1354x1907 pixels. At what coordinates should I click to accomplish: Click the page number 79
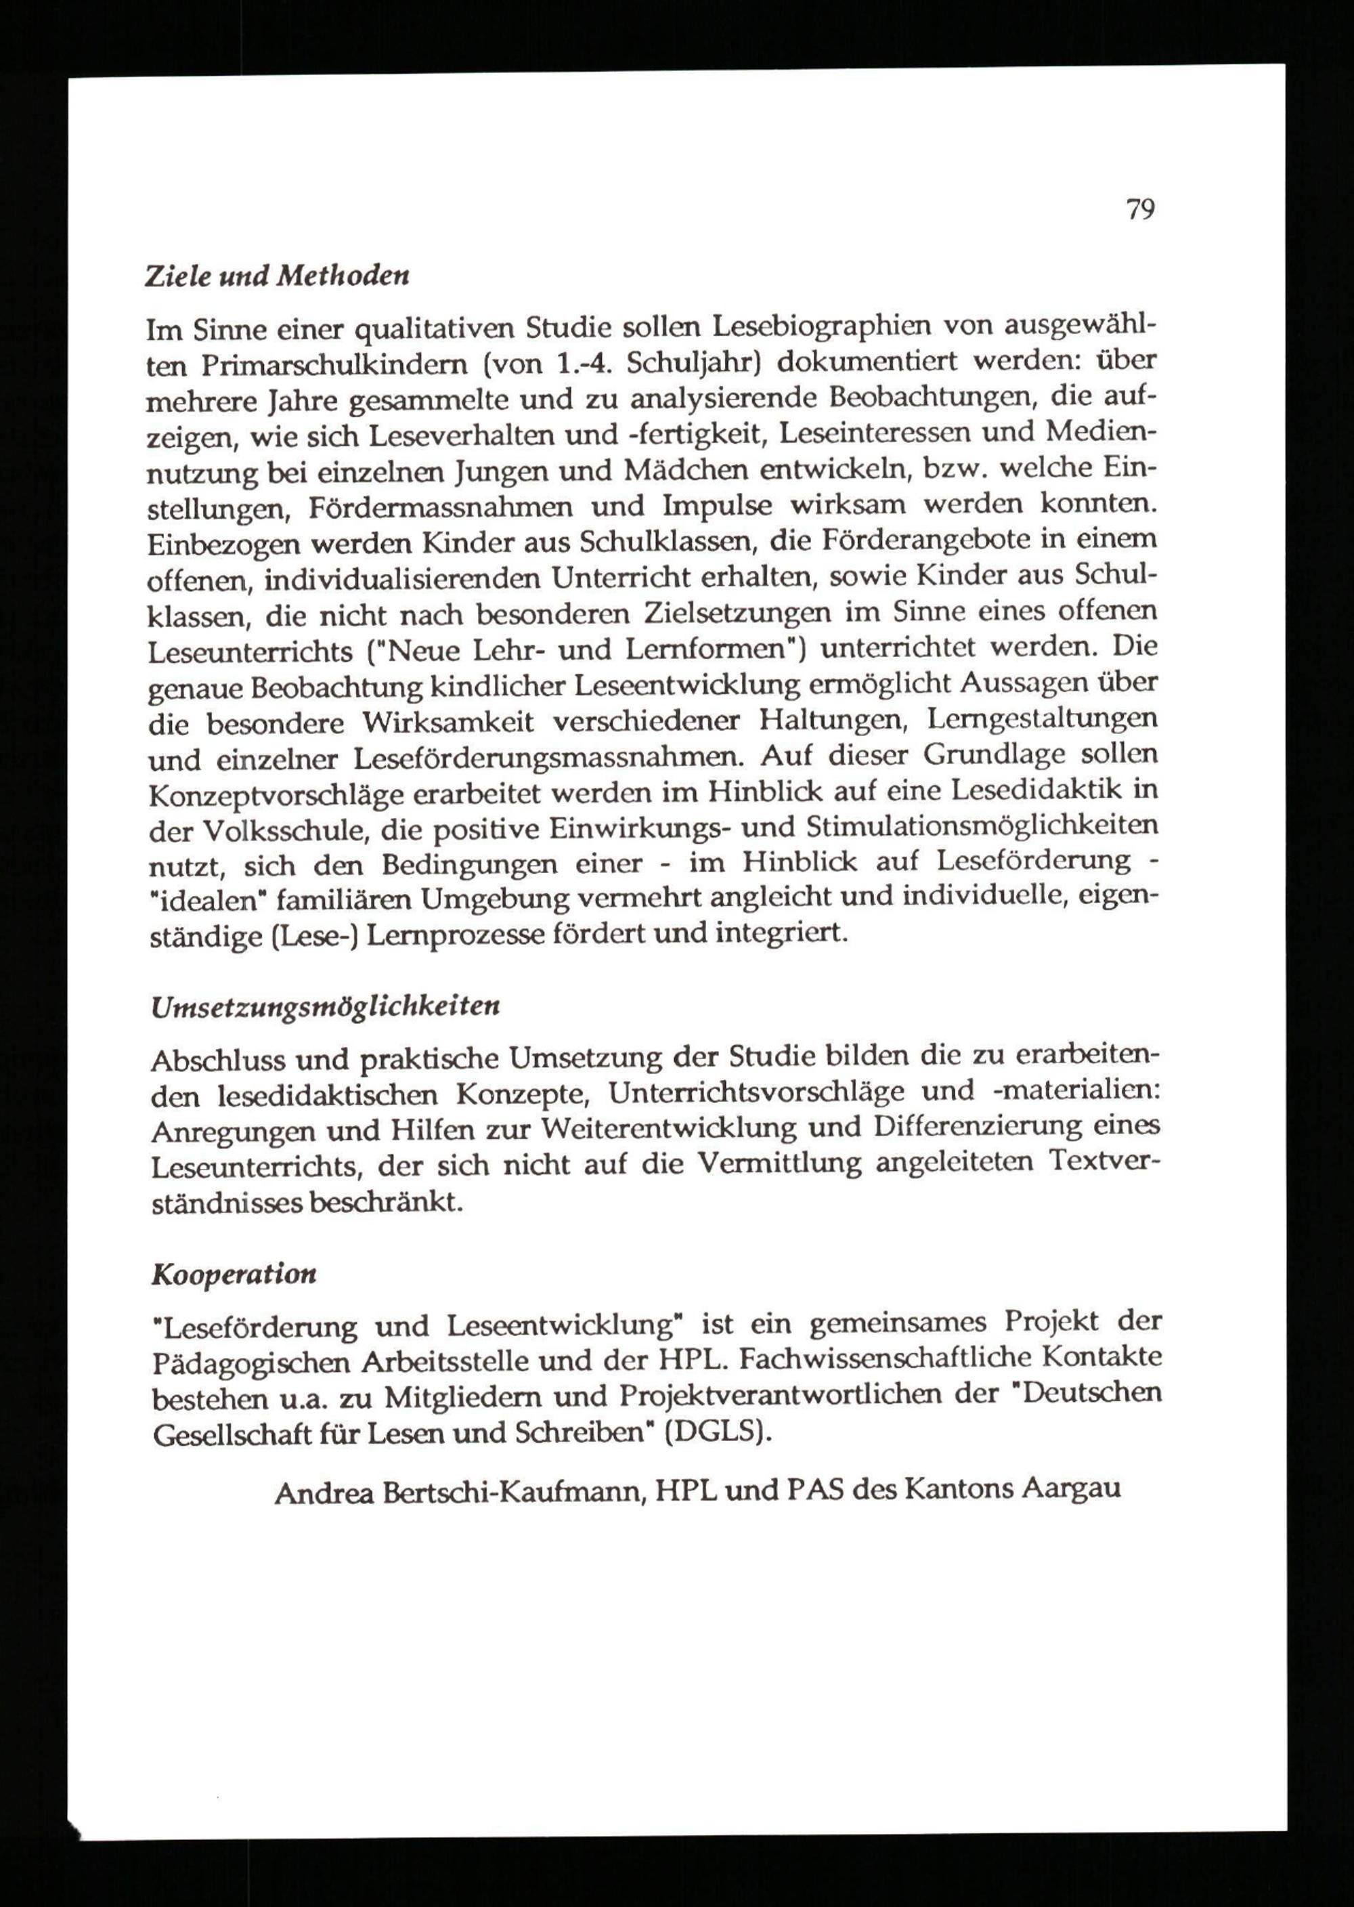click(1139, 210)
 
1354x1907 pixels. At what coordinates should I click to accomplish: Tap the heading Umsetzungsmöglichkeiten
click(325, 1006)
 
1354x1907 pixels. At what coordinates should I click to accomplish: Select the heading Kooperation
click(234, 1274)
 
